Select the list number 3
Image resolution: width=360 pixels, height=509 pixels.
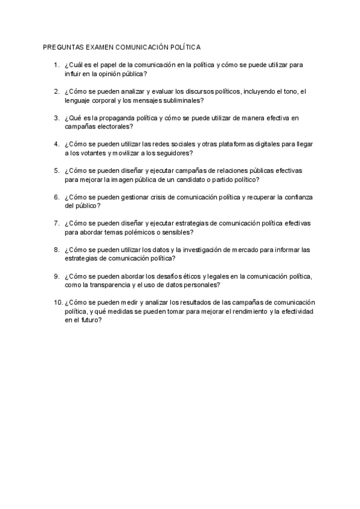pos(56,118)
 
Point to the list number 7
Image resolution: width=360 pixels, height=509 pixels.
pos(56,223)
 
